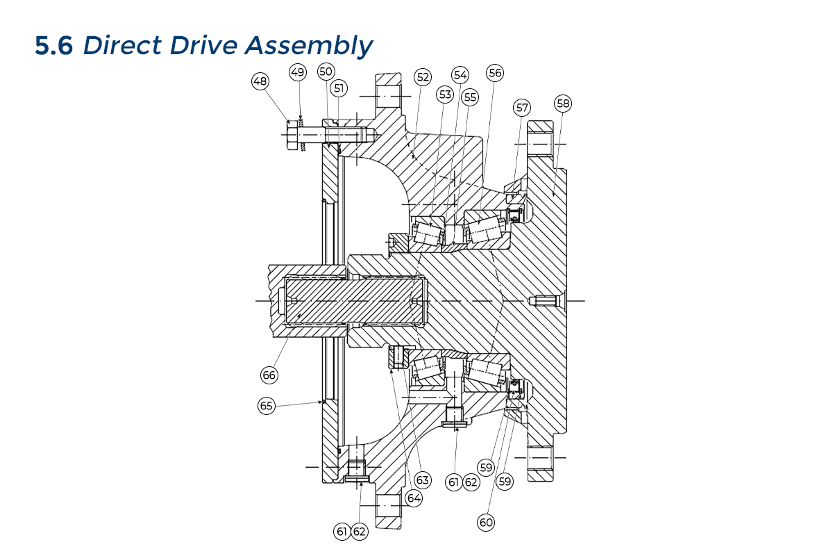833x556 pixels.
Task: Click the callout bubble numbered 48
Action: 260,81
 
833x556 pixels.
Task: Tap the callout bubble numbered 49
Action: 298,72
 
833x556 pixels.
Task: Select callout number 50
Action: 326,72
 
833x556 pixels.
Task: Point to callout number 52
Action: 422,76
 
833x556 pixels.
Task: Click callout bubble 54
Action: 460,75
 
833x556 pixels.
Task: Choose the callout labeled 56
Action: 494,73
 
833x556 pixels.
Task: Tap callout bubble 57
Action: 522,108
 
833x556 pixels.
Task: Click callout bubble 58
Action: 563,104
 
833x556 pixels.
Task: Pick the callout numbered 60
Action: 486,522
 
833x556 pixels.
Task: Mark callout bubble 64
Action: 414,498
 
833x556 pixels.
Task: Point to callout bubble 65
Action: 267,406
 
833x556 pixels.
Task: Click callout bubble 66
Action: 269,375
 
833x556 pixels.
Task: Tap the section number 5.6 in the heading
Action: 54,46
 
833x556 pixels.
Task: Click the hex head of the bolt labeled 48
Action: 292,136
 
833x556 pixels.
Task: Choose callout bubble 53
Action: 445,94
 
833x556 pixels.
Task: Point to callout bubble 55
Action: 470,97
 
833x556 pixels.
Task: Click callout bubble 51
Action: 339,88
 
